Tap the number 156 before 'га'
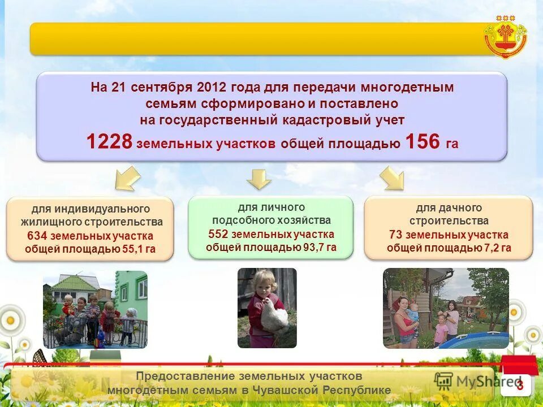click(x=423, y=142)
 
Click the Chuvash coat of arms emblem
click(x=505, y=36)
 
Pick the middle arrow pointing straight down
click(x=259, y=179)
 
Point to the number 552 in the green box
click(x=218, y=234)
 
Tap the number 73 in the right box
click(x=395, y=235)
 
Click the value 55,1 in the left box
click(x=133, y=249)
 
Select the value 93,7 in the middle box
click(x=313, y=247)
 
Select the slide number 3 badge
click(x=519, y=384)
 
